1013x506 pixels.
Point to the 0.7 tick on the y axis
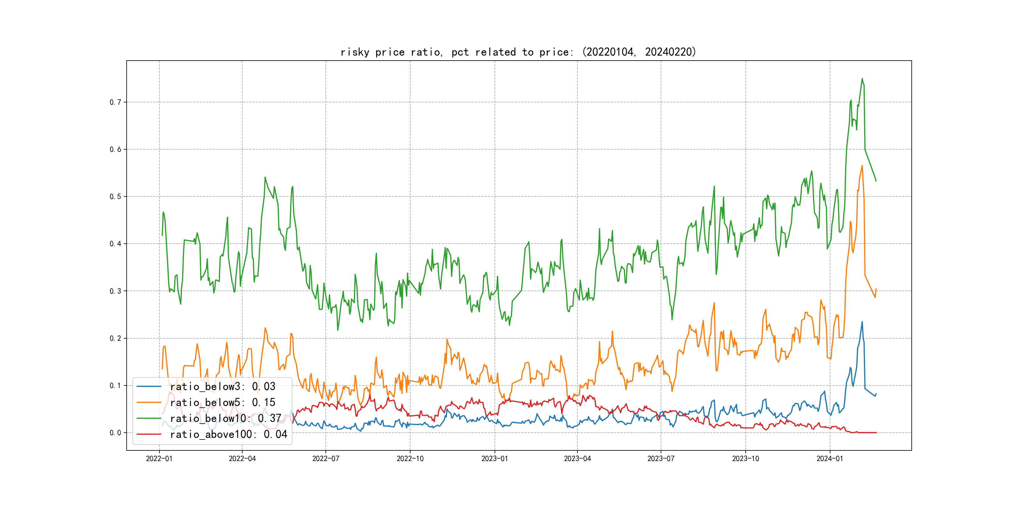point(115,102)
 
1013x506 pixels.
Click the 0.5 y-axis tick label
point(115,196)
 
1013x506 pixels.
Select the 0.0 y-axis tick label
point(115,433)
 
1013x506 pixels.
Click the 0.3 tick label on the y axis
point(115,291)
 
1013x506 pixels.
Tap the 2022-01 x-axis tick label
point(159,459)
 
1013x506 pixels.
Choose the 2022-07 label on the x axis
point(325,459)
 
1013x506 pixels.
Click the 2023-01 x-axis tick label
point(495,459)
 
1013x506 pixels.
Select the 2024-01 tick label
point(830,459)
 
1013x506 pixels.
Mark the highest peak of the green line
point(862,79)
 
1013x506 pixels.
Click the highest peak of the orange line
point(862,166)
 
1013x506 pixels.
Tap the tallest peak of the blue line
point(862,322)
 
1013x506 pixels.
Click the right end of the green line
point(876,181)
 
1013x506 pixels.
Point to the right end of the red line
point(876,433)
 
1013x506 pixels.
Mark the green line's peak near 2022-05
point(265,177)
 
